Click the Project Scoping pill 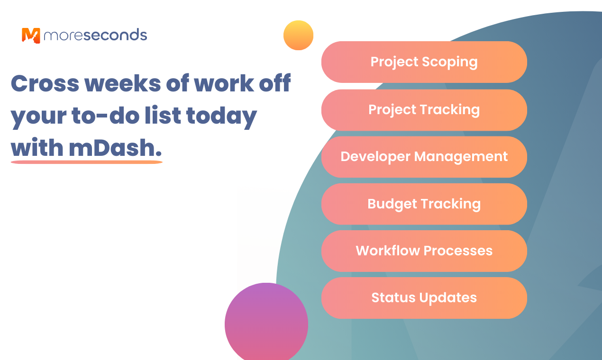[424, 62]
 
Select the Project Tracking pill [424, 110]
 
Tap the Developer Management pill [424, 157]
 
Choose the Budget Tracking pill [424, 204]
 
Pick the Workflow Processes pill [424, 251]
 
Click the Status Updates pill [424, 298]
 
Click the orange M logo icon [31, 36]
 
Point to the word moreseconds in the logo [95, 35]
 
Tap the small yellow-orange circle [298, 35]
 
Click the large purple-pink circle [266, 323]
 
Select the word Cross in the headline [45, 83]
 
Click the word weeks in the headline [123, 83]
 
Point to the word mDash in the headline [116, 147]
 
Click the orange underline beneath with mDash [87, 162]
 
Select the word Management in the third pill [461, 157]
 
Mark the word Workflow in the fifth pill [388, 251]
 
